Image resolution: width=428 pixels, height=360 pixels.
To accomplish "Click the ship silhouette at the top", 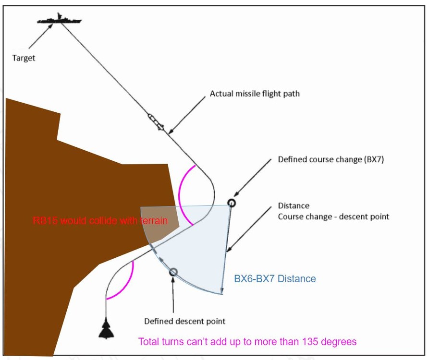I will [60, 19].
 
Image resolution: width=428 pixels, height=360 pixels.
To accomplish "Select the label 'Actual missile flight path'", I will [255, 94].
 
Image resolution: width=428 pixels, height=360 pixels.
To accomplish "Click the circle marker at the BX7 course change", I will [232, 203].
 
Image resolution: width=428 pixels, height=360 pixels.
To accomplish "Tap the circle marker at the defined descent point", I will [173, 272].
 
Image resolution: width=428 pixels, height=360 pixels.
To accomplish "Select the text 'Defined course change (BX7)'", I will [331, 159].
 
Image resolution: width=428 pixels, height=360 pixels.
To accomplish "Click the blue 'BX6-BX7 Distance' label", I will [275, 278].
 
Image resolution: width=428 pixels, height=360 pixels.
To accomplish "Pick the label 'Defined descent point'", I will [185, 321].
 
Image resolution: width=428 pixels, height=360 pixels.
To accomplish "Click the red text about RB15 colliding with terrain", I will [100, 221].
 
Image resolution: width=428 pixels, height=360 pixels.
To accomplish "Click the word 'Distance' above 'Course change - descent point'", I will [293, 205].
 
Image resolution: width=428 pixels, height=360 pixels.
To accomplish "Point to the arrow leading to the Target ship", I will [41, 36].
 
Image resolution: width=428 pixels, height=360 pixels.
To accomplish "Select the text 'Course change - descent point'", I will [333, 216].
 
